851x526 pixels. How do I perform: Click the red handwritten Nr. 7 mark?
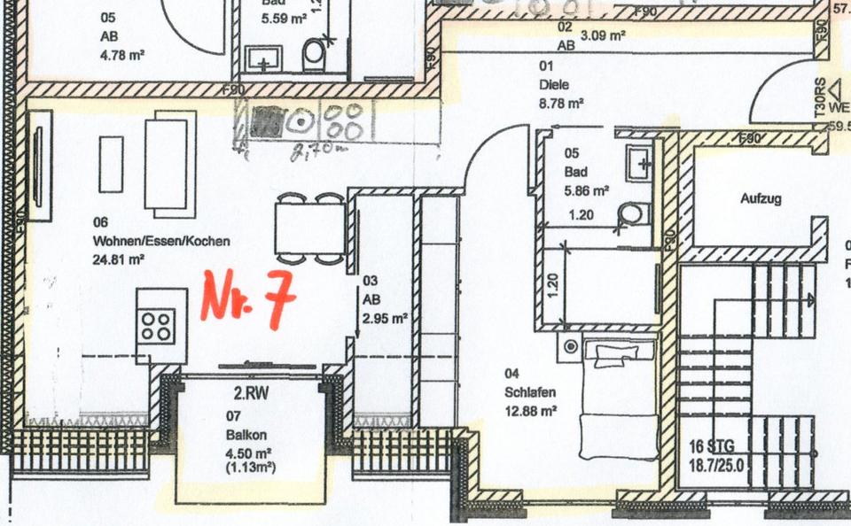pyautogui.click(x=247, y=296)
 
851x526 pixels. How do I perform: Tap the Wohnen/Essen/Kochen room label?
pyautogui.click(x=161, y=241)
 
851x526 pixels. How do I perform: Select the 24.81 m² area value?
pyautogui.click(x=119, y=259)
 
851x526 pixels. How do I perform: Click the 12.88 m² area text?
pyautogui.click(x=530, y=410)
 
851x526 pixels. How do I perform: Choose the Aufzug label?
pyautogui.click(x=761, y=199)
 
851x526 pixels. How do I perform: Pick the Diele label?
pyautogui.click(x=554, y=85)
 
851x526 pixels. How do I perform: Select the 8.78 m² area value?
pyautogui.click(x=561, y=104)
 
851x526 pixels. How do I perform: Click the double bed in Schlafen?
pyautogui.click(x=617, y=394)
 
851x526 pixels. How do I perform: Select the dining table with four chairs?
pyautogui.click(x=308, y=228)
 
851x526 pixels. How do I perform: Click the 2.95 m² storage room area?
pyautogui.click(x=384, y=317)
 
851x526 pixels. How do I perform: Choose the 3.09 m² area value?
pyautogui.click(x=604, y=36)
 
